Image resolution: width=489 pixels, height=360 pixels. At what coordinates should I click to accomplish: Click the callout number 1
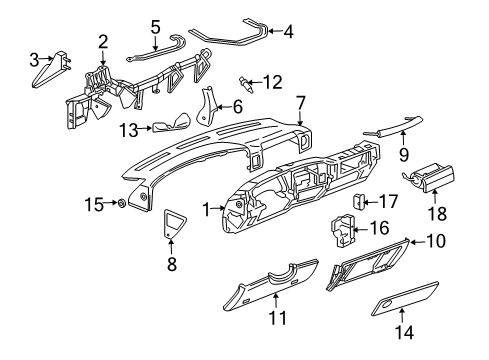[x=207, y=208]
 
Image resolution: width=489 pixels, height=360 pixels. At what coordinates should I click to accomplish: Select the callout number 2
[x=103, y=41]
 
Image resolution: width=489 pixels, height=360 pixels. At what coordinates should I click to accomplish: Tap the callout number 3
[x=35, y=59]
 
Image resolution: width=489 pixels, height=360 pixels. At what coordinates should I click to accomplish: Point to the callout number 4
[x=288, y=31]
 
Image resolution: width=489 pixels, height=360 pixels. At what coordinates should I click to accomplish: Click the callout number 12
[x=272, y=80]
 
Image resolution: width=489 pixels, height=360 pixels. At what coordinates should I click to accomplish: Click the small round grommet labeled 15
[x=119, y=205]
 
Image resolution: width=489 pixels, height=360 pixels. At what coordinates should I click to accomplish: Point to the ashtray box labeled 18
[x=437, y=180]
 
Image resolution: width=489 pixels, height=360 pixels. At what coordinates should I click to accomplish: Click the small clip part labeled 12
[x=243, y=79]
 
